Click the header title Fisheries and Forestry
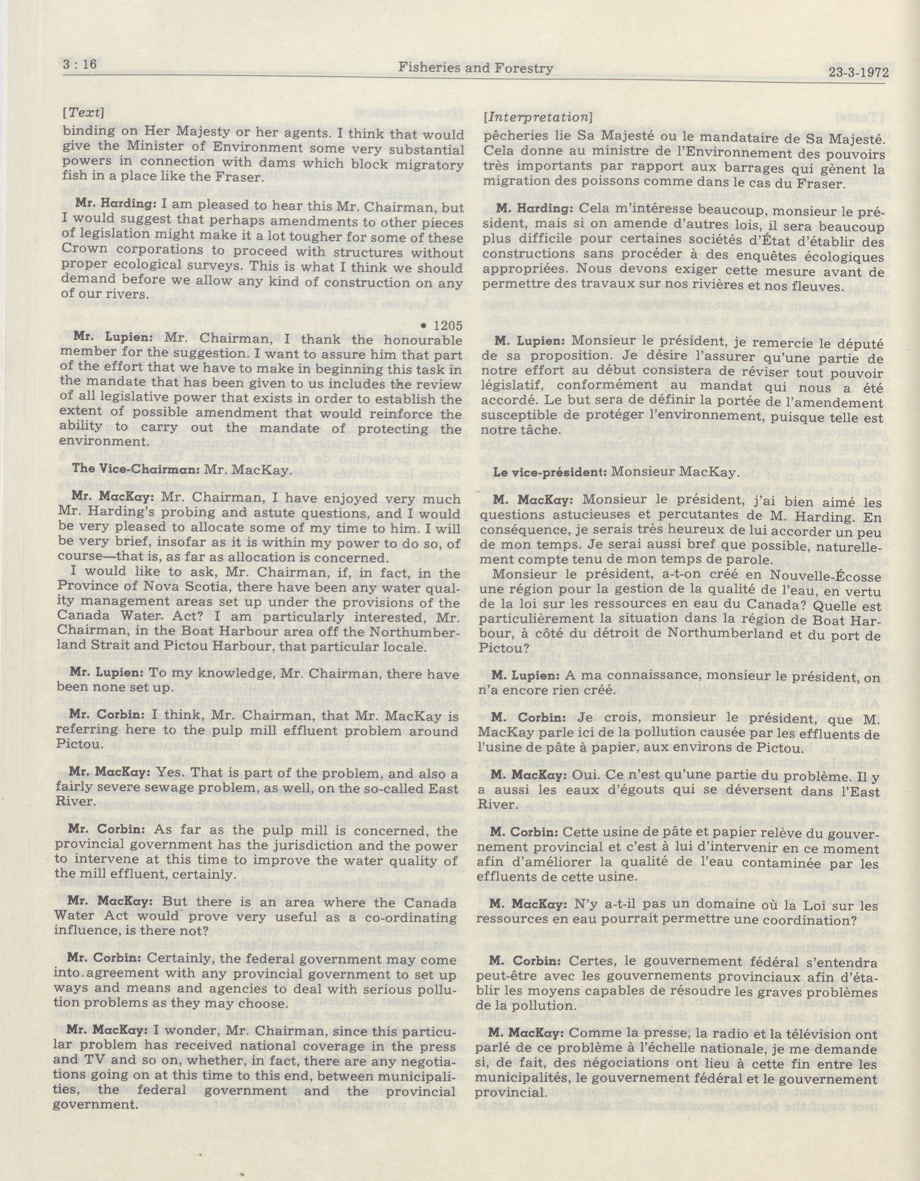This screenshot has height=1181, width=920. click(475, 68)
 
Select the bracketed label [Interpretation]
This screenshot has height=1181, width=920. click(536, 116)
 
